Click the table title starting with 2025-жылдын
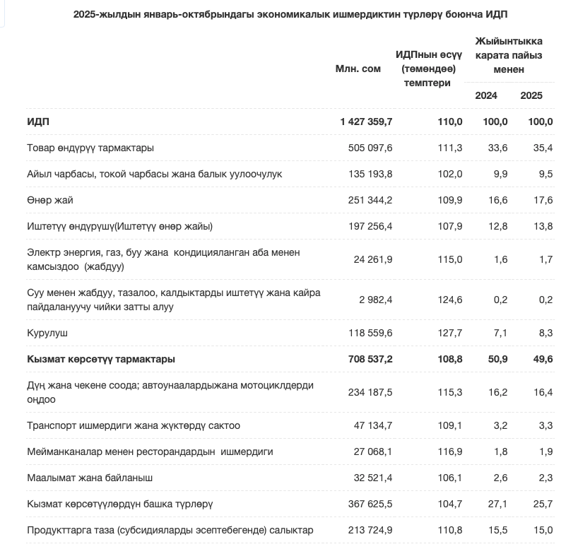290,14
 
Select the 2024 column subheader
486,95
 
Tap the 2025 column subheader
531,95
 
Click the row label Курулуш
47,332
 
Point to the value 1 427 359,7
366,122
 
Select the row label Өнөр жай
50,200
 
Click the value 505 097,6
370,148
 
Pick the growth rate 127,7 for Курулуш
450,332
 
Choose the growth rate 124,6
450,300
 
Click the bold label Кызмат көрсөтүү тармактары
101,359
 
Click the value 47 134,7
373,425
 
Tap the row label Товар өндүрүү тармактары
90,148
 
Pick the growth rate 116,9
450,451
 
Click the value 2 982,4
376,300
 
